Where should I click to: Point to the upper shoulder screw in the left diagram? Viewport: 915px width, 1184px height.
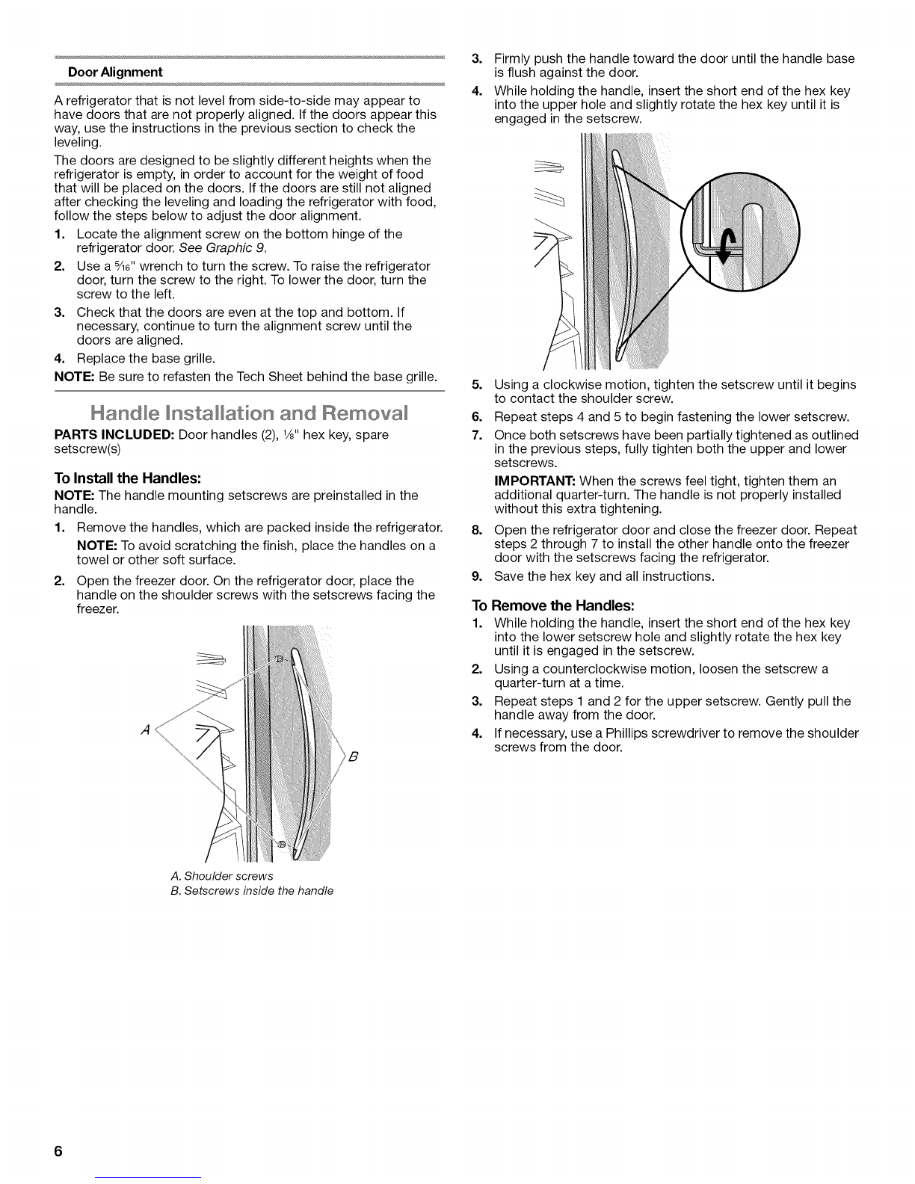pyautogui.click(x=280, y=658)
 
